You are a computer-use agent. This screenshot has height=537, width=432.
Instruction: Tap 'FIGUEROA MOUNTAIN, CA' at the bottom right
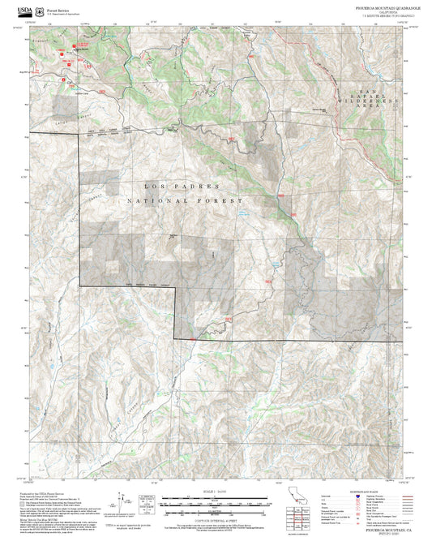pos(382,527)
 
